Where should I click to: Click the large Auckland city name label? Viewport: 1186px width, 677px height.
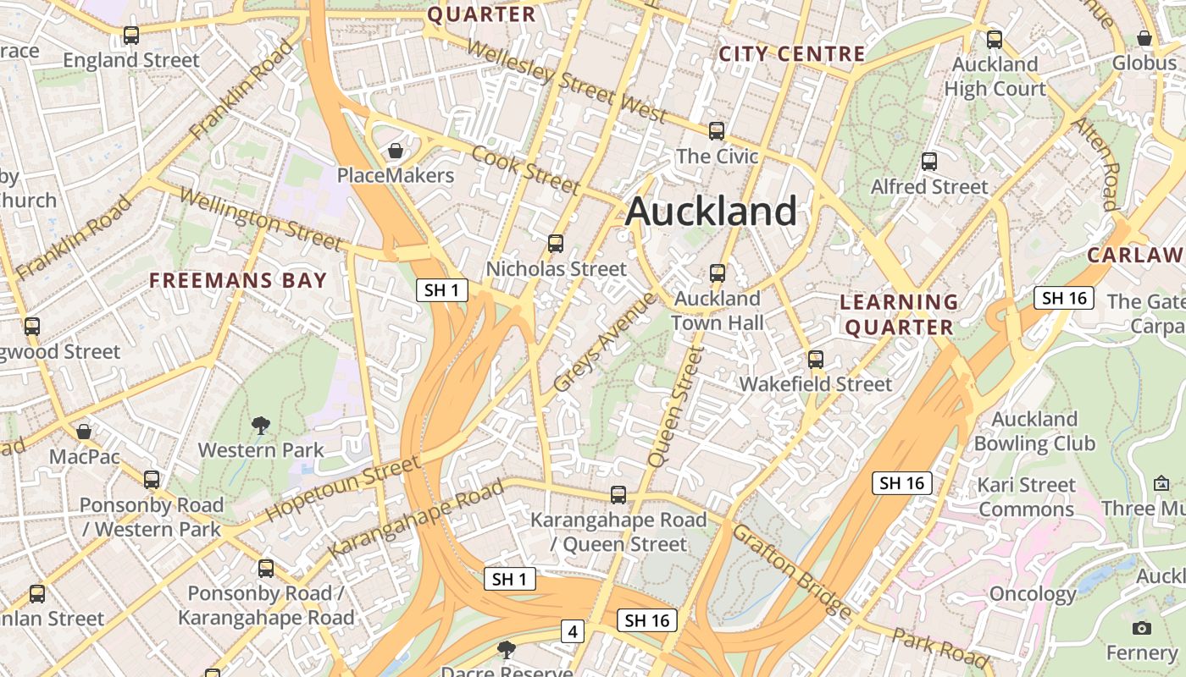point(712,212)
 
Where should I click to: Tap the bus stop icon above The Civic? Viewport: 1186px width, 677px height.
point(717,130)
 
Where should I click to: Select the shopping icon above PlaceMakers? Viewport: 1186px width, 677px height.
point(395,151)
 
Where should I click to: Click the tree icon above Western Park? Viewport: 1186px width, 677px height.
point(261,426)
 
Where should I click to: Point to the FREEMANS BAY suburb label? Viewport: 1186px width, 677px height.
point(238,281)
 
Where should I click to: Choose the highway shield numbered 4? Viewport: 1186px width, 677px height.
point(574,630)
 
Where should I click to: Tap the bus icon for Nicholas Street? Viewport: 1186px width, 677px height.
point(556,244)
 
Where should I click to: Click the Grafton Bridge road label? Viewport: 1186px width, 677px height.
point(792,571)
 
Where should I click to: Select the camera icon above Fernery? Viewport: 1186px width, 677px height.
point(1142,628)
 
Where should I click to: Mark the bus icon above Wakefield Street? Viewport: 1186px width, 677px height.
point(816,359)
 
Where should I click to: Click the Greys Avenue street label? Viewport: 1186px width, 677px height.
point(604,342)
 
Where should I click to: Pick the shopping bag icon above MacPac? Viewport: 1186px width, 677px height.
point(84,432)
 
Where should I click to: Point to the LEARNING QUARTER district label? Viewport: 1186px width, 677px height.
point(900,315)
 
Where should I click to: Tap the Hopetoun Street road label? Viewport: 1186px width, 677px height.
point(343,488)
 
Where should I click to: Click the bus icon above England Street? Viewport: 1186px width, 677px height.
point(131,36)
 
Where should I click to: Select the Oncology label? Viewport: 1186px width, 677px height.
point(1033,593)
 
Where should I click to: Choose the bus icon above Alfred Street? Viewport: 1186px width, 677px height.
point(929,162)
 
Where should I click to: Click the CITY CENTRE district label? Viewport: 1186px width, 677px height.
point(792,54)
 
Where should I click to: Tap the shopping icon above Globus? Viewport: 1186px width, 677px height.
point(1144,38)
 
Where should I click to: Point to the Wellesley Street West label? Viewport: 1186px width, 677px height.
point(566,82)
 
